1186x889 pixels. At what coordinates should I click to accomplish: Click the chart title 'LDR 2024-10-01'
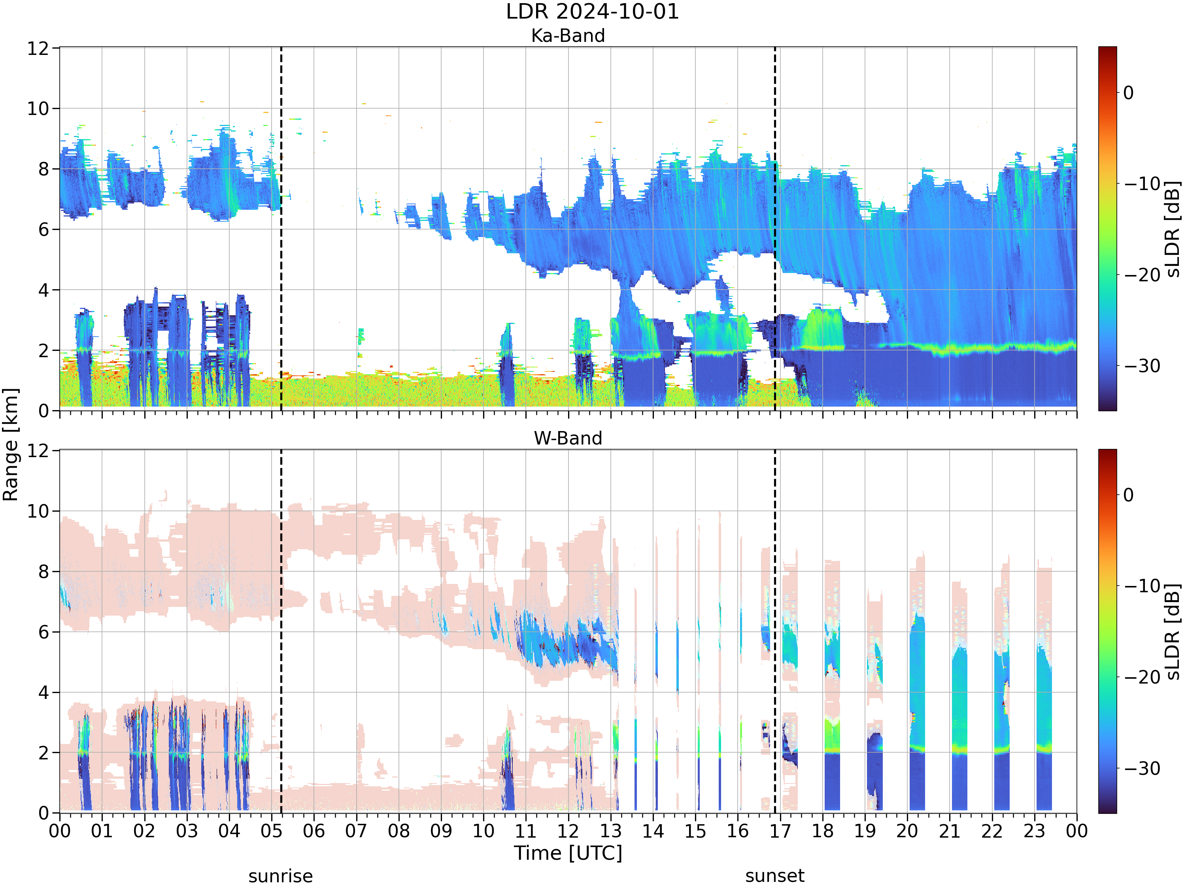593,12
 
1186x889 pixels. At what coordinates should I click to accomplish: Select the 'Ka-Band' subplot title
568,36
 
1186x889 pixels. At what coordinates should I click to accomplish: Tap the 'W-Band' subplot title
568,438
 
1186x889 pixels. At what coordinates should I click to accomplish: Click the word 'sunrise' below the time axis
280,876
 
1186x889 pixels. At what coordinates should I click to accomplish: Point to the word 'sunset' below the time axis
775,876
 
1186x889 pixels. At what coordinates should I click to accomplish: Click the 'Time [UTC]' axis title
568,853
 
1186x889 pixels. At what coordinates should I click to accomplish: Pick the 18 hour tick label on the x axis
822,831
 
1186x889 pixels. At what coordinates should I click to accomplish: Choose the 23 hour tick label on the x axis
1034,831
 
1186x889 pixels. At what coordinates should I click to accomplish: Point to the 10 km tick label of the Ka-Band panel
39,109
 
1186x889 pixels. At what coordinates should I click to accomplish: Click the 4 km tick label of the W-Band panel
44,692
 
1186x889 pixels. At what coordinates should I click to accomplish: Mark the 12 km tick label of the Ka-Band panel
39,48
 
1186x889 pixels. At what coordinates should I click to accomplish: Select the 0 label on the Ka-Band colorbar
1129,93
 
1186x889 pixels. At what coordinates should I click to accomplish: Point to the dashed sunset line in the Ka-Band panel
775,229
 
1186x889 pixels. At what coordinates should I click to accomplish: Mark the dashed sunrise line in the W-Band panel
281,631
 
